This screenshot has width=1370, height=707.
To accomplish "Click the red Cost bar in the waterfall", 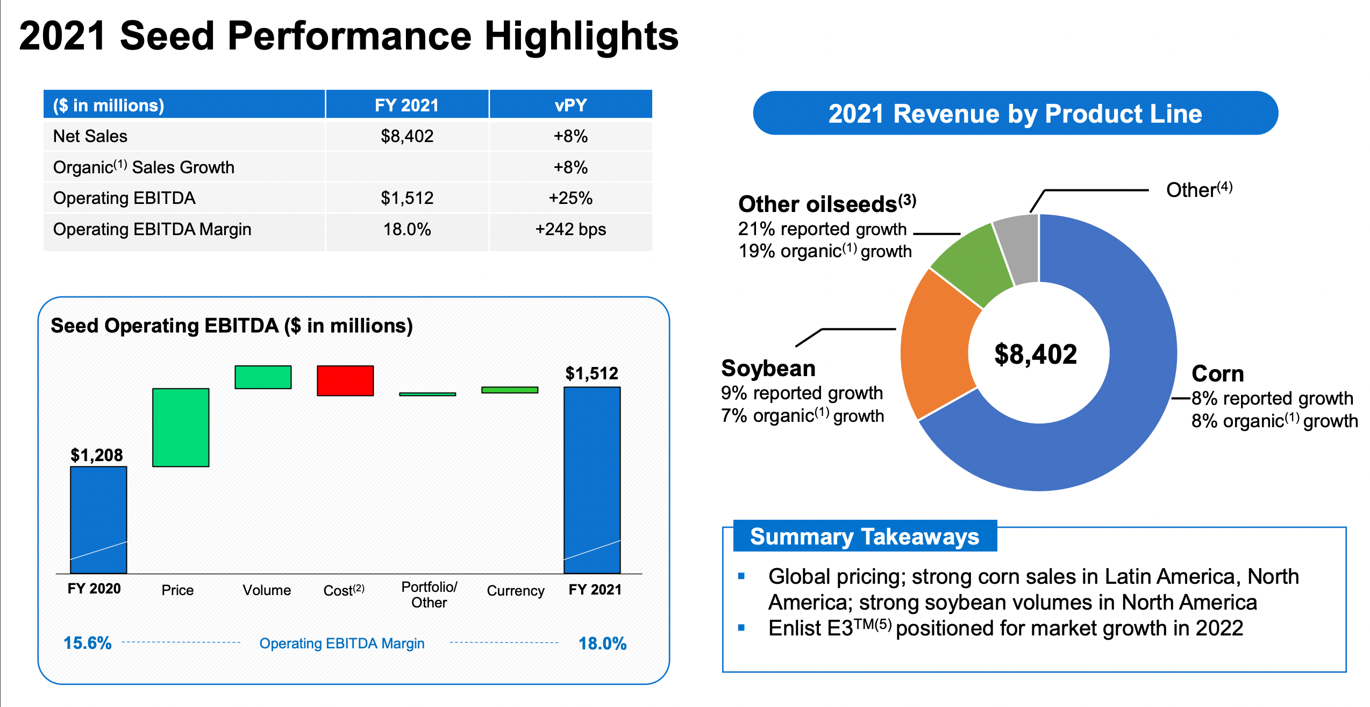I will point(345,380).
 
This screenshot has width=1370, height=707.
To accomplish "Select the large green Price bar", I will point(181,427).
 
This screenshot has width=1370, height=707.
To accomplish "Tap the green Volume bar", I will point(263,377).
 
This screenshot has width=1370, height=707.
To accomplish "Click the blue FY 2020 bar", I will point(98,519).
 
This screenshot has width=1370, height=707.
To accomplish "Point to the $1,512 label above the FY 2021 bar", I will point(591,373).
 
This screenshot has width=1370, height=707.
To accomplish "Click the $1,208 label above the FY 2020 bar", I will point(97,455).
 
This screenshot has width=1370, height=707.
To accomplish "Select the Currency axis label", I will point(515,590).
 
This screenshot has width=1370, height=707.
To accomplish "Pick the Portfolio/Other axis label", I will point(429,594).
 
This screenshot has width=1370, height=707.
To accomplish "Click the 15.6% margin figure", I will point(87,642).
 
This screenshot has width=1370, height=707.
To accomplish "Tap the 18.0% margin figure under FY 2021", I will point(602,643).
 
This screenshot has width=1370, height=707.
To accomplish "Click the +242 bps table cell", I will point(570,229).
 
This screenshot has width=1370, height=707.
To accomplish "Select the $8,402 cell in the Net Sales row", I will point(407,136).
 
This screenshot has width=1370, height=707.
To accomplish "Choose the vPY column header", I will point(570,104).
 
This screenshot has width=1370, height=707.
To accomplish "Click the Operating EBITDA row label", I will point(124,198).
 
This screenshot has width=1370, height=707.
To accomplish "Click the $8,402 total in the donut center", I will point(1036,354).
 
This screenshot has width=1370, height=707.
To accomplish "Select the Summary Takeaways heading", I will point(865,536).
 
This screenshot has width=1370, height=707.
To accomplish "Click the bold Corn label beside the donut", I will point(1218,373).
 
